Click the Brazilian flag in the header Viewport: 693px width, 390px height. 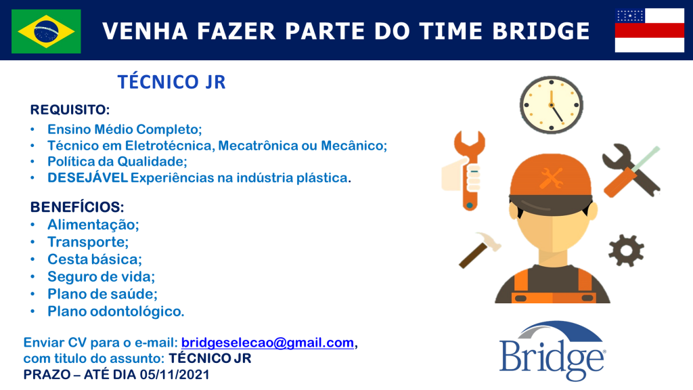(x=46, y=31)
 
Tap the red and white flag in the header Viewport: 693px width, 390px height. (x=649, y=30)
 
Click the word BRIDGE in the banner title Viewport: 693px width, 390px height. (x=541, y=31)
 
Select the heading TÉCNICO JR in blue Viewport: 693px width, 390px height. (x=171, y=82)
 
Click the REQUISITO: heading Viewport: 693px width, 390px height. (x=70, y=110)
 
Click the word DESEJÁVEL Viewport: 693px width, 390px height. (x=87, y=177)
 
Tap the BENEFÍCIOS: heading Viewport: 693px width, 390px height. (x=77, y=207)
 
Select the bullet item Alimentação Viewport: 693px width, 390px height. (x=93, y=225)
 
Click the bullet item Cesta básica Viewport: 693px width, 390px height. (x=95, y=259)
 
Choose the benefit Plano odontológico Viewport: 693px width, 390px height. (x=116, y=311)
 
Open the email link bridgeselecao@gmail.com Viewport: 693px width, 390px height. (x=268, y=343)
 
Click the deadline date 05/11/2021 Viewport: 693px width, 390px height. (x=175, y=374)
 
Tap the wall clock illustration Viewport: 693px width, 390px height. (x=551, y=105)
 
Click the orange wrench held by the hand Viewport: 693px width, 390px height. (x=470, y=170)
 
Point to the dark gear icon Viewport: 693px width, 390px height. (x=626, y=251)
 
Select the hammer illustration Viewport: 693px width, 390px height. (x=479, y=250)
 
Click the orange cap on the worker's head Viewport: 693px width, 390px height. (x=551, y=177)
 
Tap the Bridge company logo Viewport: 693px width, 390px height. (x=552, y=351)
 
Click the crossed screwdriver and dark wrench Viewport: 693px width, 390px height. (x=631, y=170)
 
